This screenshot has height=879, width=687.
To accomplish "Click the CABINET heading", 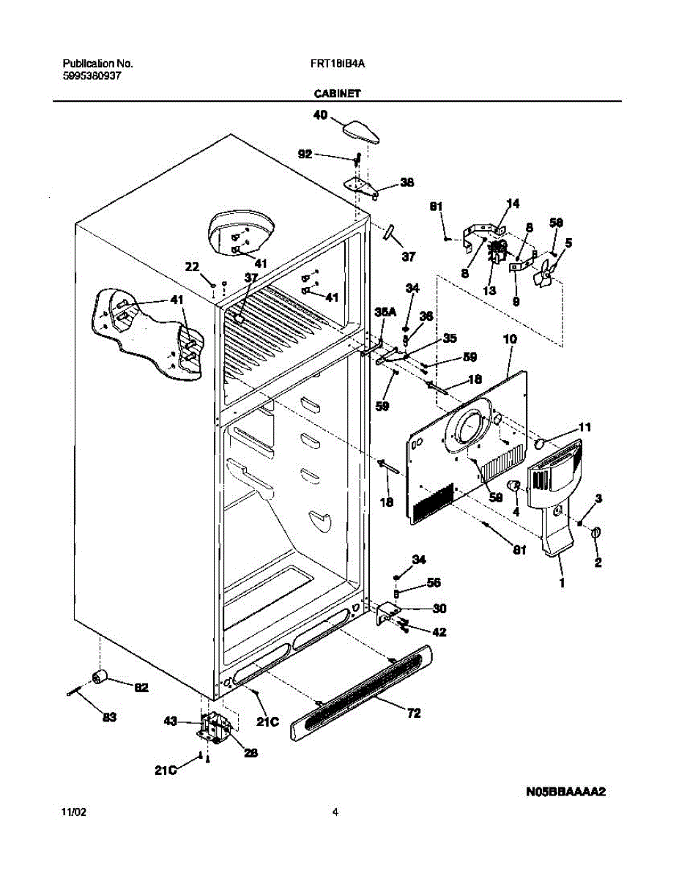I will click(x=336, y=94).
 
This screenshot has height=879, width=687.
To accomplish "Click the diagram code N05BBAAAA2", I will click(x=568, y=792).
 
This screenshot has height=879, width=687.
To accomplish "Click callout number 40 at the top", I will click(x=320, y=115).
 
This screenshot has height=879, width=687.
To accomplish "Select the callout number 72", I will click(x=414, y=713).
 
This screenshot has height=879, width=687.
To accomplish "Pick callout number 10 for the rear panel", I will click(x=510, y=339).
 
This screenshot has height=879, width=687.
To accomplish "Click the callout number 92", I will click(x=305, y=154).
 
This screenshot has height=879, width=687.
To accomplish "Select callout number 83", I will click(x=109, y=717).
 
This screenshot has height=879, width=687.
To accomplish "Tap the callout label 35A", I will click(x=385, y=312).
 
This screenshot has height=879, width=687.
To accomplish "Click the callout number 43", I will click(x=170, y=722).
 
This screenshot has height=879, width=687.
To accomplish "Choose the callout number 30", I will click(x=439, y=608).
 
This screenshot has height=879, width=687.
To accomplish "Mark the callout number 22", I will click(x=192, y=268).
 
